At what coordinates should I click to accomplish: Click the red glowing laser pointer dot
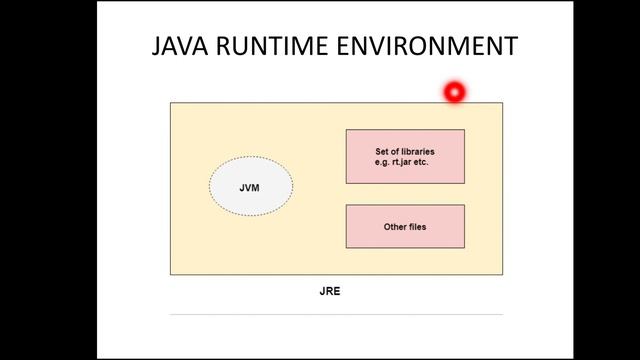click(x=454, y=93)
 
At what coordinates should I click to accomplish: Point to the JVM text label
click(x=250, y=187)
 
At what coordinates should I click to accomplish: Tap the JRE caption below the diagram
click(x=330, y=291)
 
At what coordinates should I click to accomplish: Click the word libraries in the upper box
click(x=416, y=152)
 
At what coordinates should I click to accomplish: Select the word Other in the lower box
click(x=394, y=227)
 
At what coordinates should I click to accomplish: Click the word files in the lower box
click(x=417, y=227)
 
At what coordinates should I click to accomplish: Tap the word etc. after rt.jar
click(x=420, y=162)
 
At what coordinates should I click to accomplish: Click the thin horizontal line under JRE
click(x=336, y=314)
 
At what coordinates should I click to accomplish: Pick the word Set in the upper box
click(x=381, y=152)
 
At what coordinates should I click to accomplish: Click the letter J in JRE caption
click(x=322, y=291)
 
